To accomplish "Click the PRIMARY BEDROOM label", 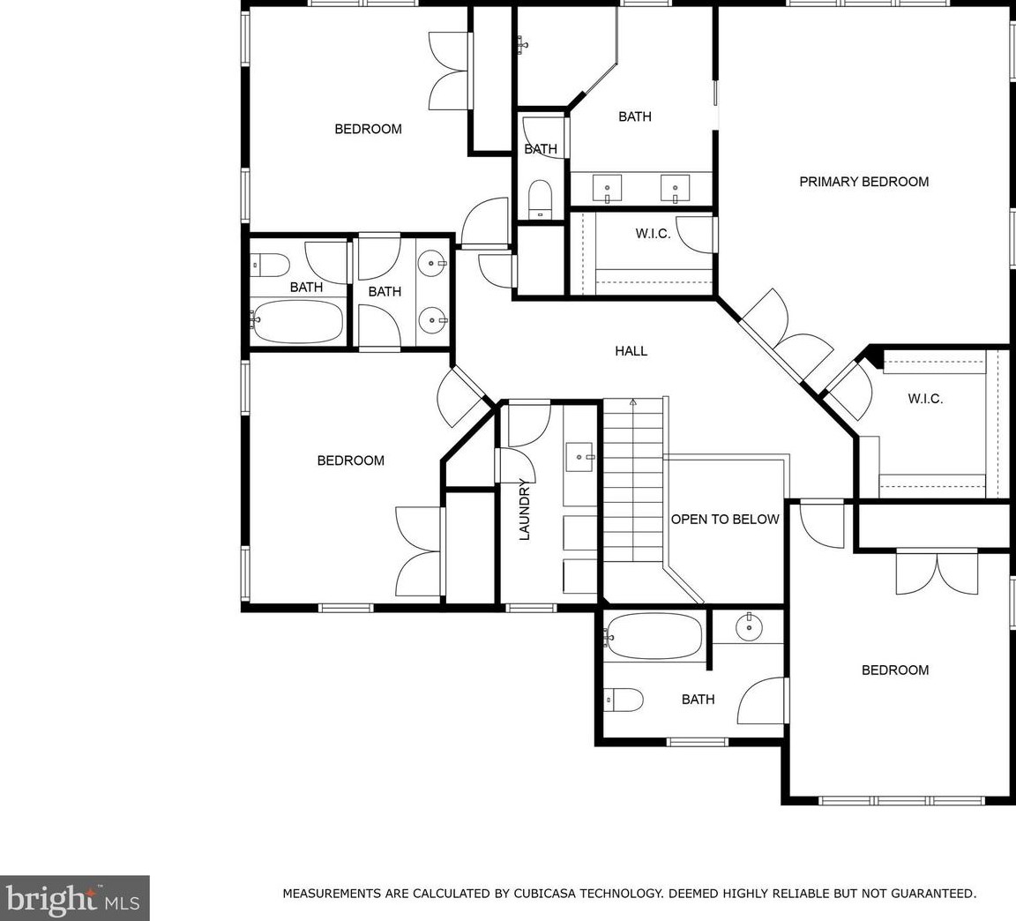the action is [863, 182].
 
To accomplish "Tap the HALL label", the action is [631, 351].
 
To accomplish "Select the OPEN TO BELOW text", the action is [725, 519].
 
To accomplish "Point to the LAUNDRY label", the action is [525, 509].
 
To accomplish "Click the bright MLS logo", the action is [74, 898].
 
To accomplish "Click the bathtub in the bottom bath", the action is [654, 636].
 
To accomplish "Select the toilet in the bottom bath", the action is [624, 700].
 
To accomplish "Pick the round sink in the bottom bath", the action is [749, 626].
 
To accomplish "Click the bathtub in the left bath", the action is [297, 321].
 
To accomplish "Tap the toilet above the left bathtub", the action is [270, 265].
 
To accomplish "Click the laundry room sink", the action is [580, 457].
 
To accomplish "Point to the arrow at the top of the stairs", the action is [633, 402].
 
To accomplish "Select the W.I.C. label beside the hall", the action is [653, 234].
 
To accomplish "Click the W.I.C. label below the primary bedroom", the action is [925, 400].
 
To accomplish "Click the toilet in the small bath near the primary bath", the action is [540, 199].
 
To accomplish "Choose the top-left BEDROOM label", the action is [368, 129].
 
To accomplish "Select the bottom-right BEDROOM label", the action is [895, 670].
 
